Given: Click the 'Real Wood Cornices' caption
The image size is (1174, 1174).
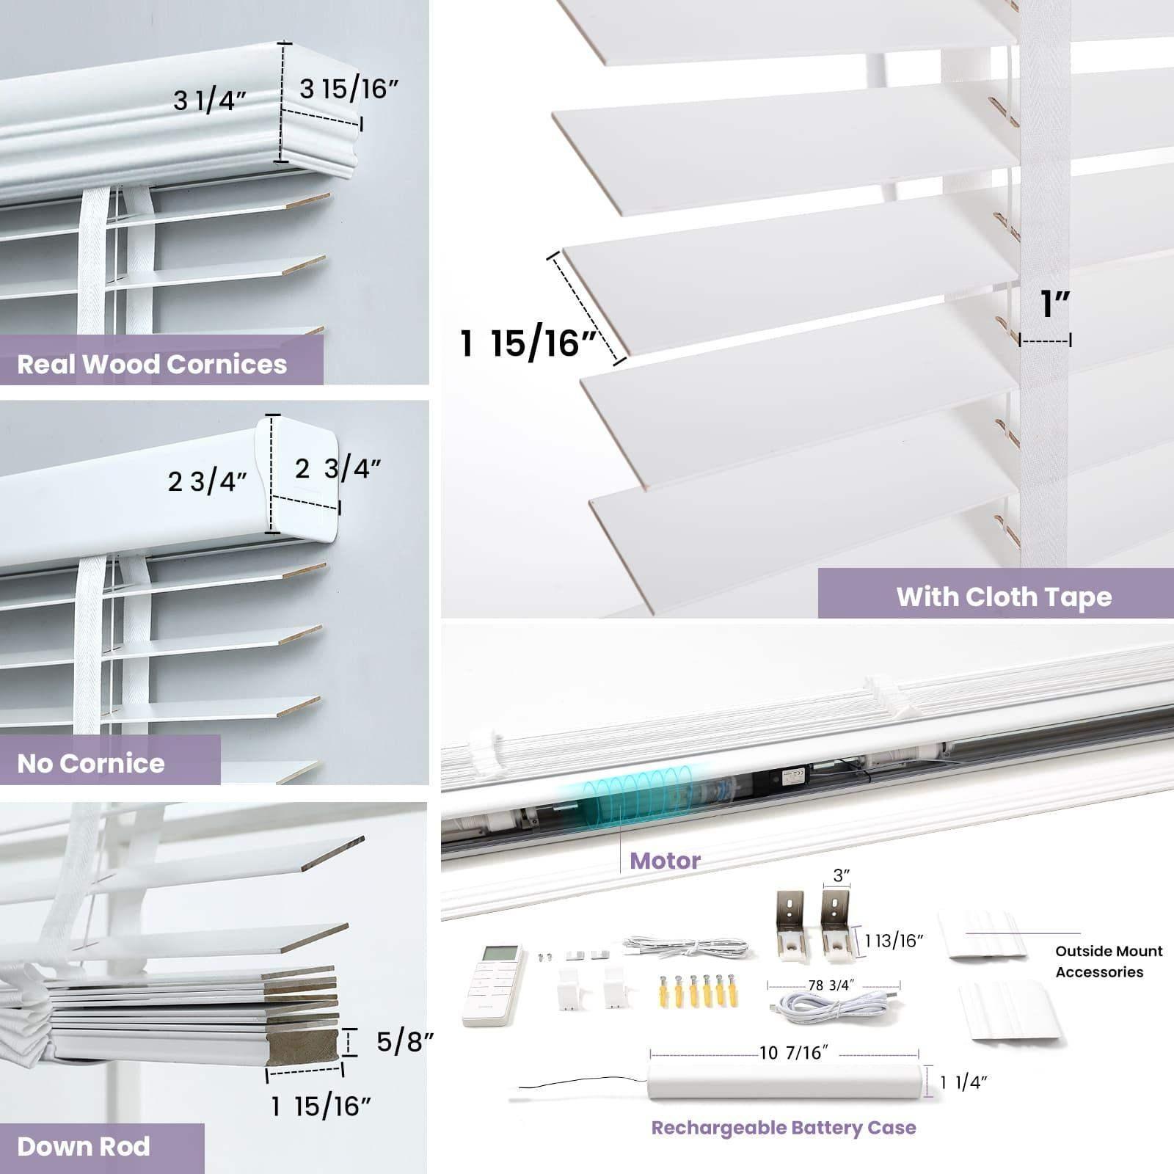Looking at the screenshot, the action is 152,364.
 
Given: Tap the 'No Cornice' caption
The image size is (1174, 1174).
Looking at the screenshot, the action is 91,763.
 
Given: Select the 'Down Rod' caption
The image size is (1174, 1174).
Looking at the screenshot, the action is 84,1146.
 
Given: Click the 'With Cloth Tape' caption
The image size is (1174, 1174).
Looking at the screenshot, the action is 1004,597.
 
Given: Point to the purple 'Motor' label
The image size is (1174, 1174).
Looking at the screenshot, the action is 665,860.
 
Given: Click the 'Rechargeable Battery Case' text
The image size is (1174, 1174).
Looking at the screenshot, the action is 784,1128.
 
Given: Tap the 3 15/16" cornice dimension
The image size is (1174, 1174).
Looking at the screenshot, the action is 349,89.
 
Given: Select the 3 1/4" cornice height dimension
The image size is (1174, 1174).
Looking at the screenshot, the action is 210,101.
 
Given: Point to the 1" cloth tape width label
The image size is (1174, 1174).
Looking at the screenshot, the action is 1055,304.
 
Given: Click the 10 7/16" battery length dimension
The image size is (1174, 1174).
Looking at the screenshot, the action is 794,1053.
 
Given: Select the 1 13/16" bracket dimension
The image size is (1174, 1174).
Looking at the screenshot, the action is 893,941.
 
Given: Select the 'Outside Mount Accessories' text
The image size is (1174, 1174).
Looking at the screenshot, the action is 1109,961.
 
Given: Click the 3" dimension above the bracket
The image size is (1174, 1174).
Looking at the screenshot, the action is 841,875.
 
